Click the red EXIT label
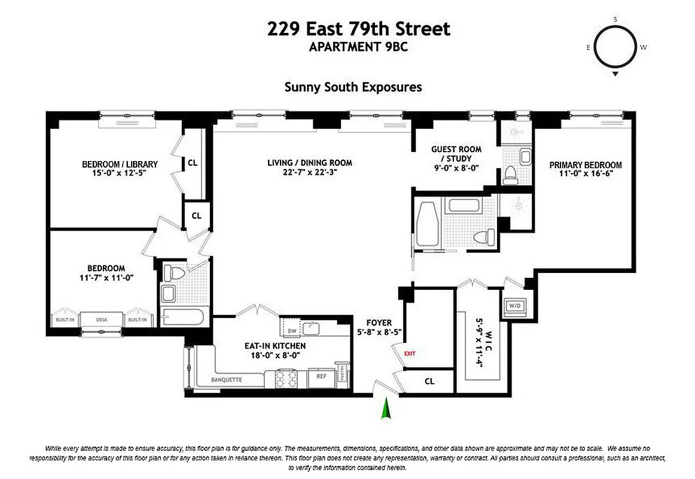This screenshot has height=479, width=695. click(410, 353)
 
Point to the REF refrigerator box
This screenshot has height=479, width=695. click(321, 377)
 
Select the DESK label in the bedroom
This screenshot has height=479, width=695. click(102, 320)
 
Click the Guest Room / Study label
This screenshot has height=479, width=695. click(456, 154)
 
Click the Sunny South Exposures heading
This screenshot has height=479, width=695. click(353, 87)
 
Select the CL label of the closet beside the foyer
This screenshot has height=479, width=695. click(429, 381)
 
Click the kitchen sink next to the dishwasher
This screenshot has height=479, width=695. click(310, 328)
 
